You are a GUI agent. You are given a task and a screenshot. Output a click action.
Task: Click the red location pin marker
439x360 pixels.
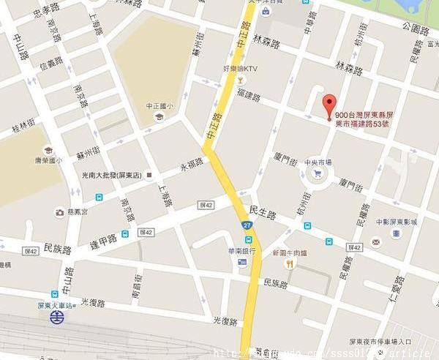point(329,103)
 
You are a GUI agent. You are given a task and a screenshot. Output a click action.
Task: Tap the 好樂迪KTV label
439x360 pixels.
point(242,70)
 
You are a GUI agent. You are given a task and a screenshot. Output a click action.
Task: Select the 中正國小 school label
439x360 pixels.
point(158,106)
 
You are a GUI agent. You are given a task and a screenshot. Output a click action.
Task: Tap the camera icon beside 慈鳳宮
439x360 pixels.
point(59,212)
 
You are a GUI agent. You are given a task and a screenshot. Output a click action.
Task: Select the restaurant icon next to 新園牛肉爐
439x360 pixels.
point(290,263)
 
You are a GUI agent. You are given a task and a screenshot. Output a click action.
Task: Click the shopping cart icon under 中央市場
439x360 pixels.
point(317,173)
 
